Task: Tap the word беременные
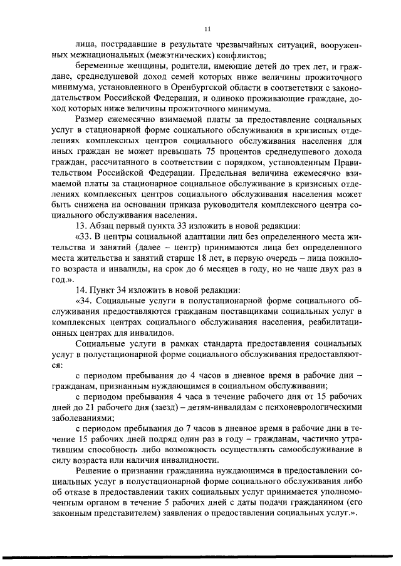coord(96,66)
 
